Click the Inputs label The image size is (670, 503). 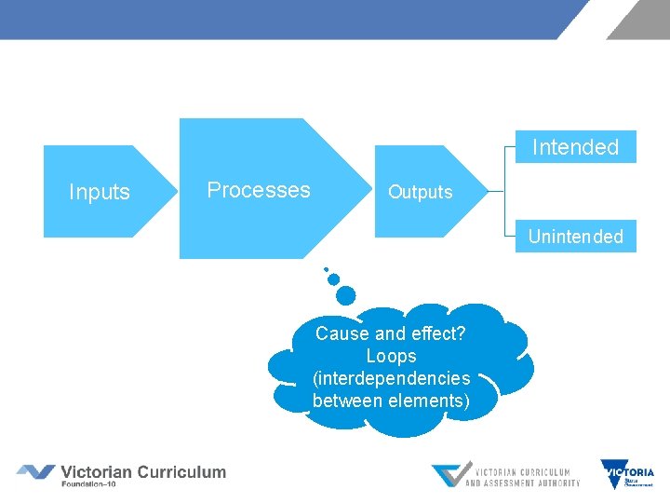pyautogui.click(x=100, y=192)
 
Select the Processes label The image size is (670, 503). pyautogui.click(x=259, y=190)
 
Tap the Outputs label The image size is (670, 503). pyautogui.click(x=420, y=192)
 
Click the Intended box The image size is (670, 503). pyautogui.click(x=575, y=147)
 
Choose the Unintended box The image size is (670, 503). pyautogui.click(x=575, y=237)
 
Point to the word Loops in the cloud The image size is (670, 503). pyautogui.click(x=391, y=356)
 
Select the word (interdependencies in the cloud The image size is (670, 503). pyautogui.click(x=392, y=378)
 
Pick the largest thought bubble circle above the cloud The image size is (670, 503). pyautogui.click(x=345, y=295)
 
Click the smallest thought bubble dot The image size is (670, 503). pyautogui.click(x=326, y=269)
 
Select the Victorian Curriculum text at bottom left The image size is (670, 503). pyautogui.click(x=143, y=471)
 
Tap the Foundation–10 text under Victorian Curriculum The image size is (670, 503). pyautogui.click(x=88, y=484)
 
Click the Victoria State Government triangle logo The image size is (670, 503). pyautogui.click(x=627, y=474)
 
